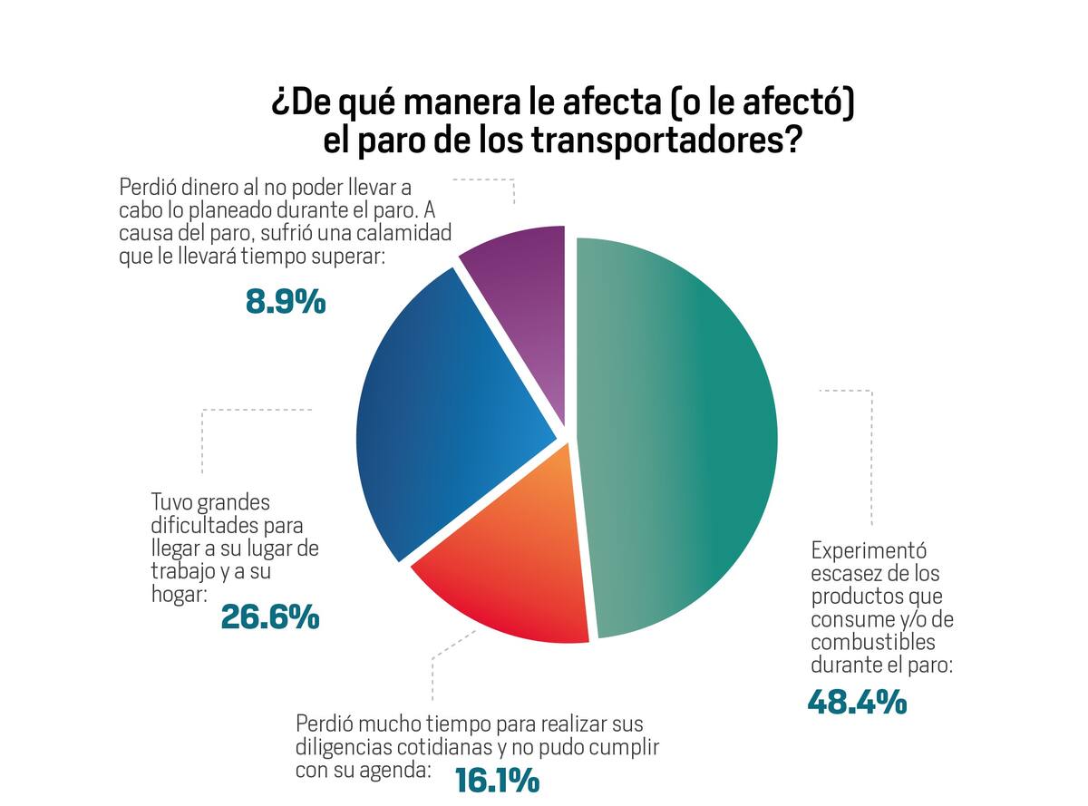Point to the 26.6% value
pos(270,617)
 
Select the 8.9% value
pos(285,302)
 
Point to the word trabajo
pos(181,571)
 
